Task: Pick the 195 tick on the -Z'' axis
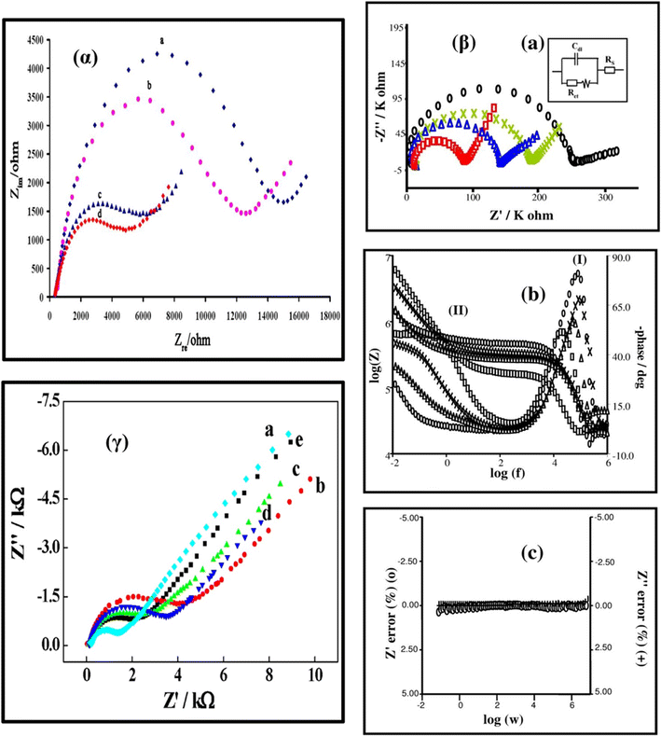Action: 394,28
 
